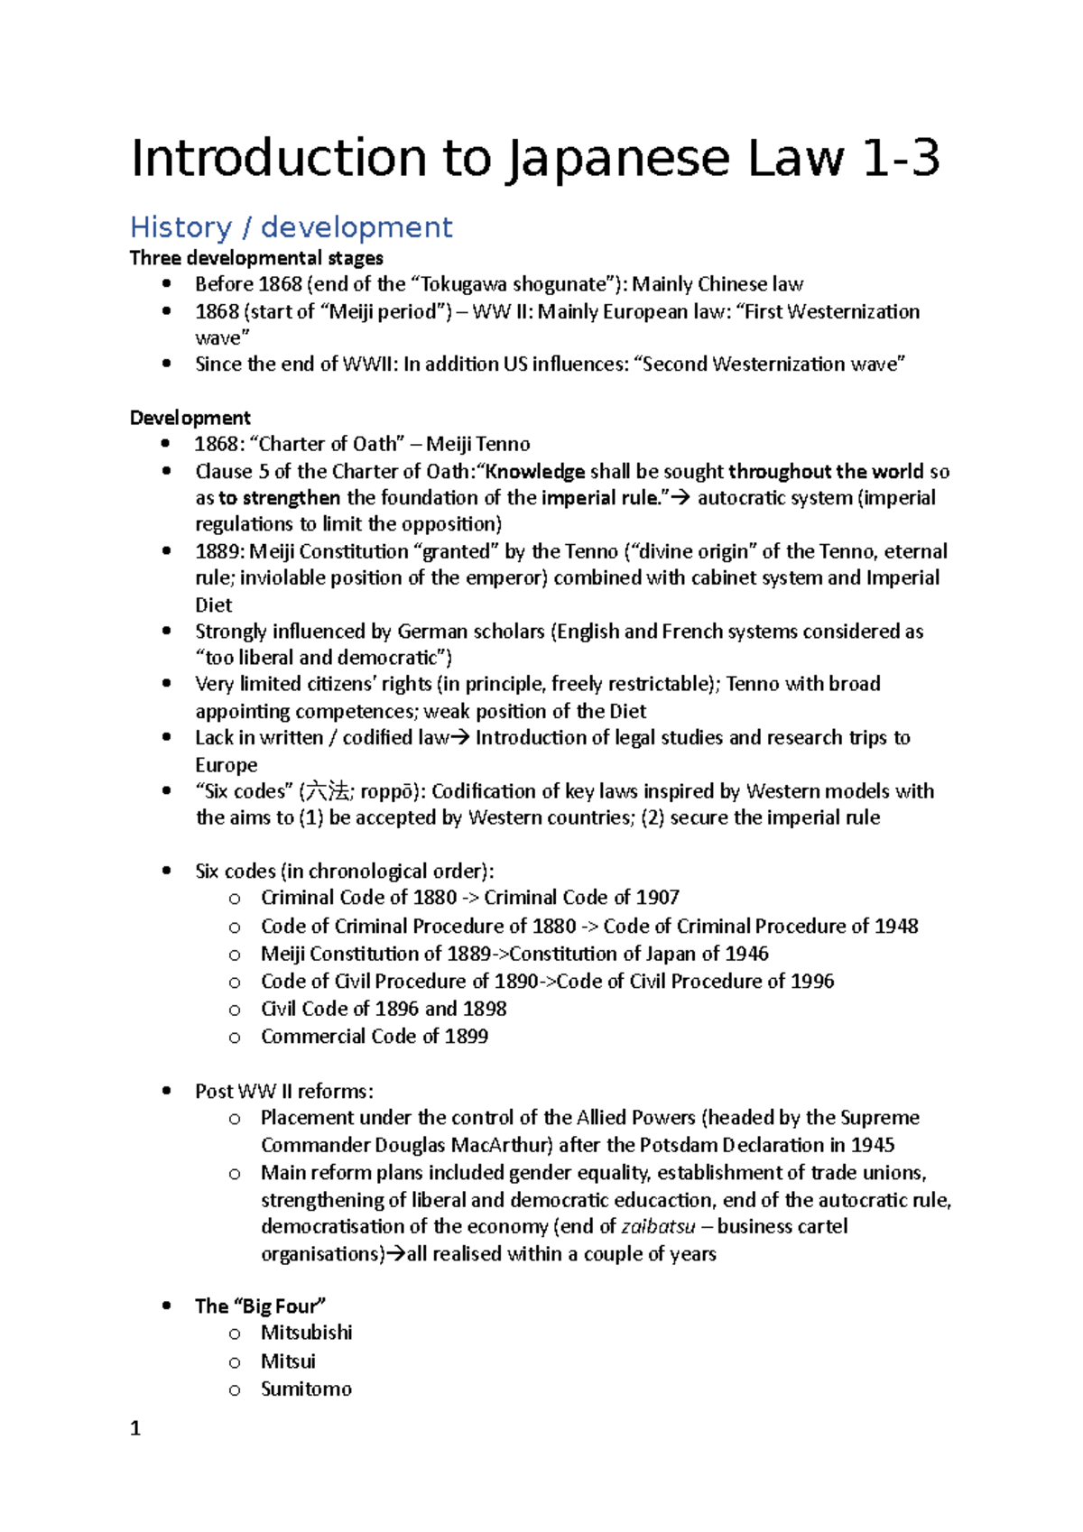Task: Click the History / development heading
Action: click(291, 227)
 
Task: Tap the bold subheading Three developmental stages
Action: click(256, 258)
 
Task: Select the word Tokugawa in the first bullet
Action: click(464, 284)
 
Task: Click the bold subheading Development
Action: click(190, 418)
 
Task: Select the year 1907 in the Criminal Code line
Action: click(656, 898)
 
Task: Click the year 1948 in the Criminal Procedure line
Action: click(895, 926)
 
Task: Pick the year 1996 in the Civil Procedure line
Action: click(811, 981)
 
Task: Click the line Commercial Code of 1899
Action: click(375, 1036)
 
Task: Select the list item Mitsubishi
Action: click(307, 1333)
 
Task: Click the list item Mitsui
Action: click(289, 1361)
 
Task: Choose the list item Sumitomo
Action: click(307, 1389)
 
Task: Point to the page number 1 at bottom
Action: click(135, 1428)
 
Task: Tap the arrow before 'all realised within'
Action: click(395, 1254)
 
